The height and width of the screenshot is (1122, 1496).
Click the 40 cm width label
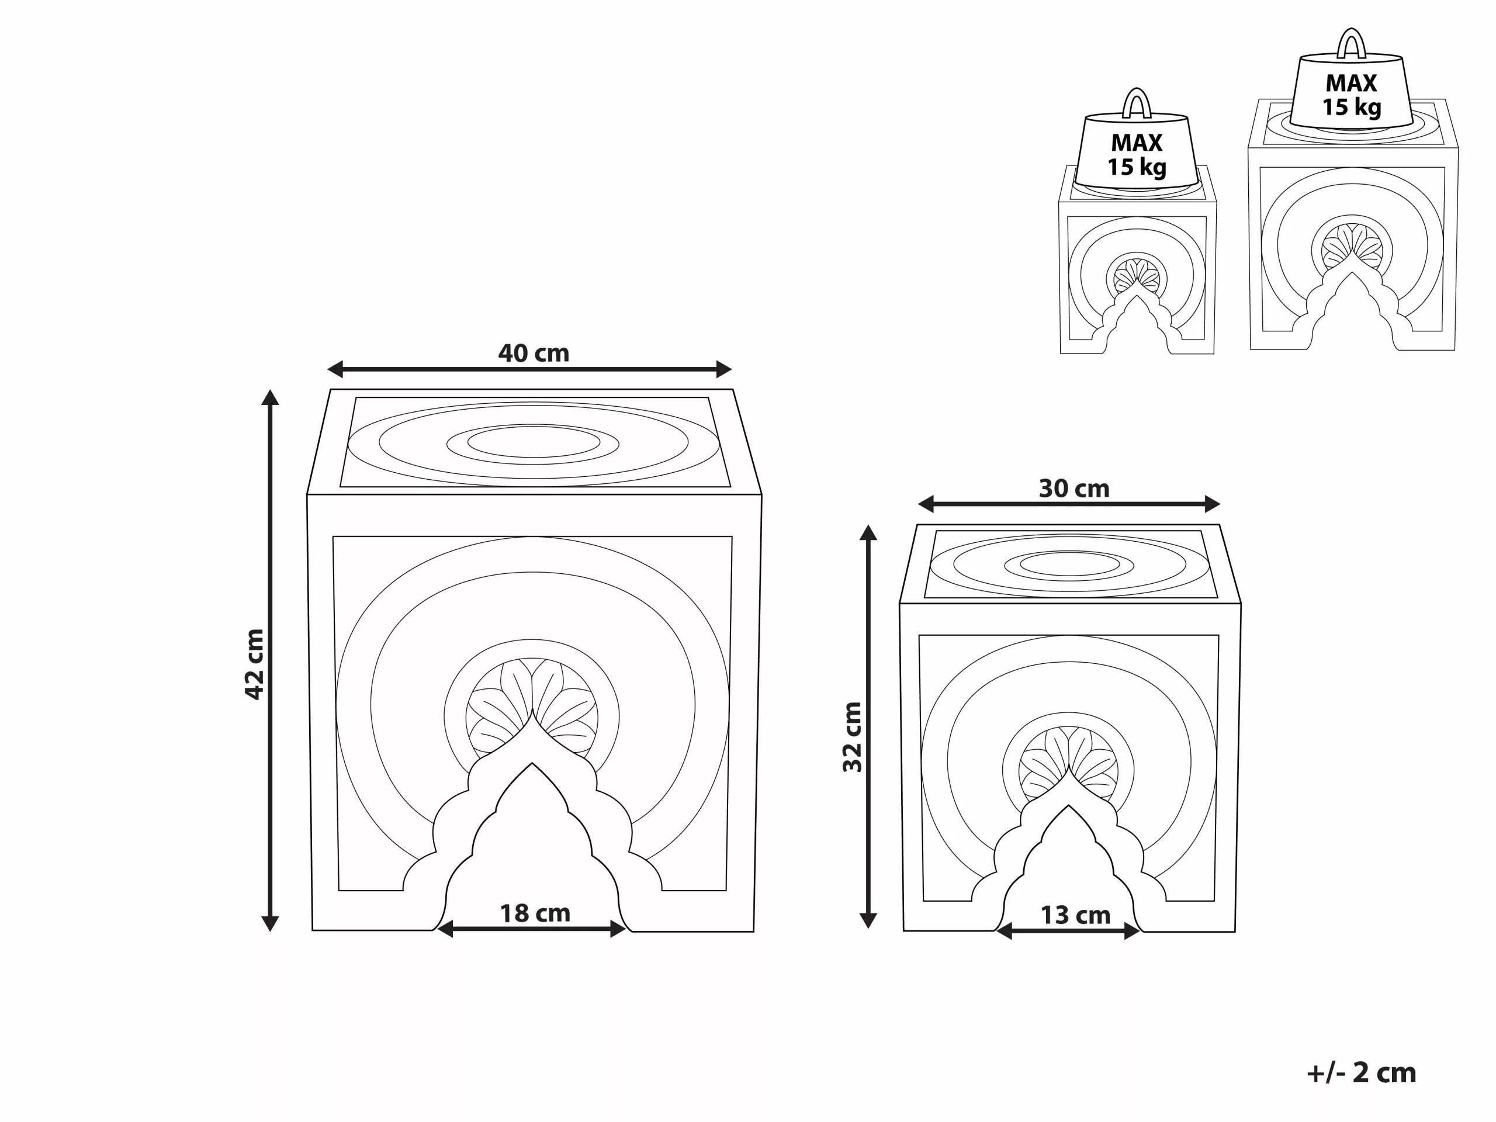click(x=534, y=353)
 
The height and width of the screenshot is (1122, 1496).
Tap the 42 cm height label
click(x=254, y=664)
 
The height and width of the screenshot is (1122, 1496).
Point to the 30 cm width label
click(x=1074, y=489)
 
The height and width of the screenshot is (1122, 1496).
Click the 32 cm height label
click(x=852, y=737)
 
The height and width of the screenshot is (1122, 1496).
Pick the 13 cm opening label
click(x=1075, y=916)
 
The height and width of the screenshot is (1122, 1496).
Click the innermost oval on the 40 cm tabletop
click(x=534, y=442)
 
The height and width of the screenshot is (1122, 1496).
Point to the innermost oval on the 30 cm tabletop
click(x=1069, y=564)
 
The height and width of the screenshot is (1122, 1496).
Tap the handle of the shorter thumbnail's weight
click(x=1136, y=103)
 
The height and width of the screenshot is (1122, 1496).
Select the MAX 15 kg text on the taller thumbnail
click(x=1351, y=95)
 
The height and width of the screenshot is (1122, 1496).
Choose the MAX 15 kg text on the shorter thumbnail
click(x=1136, y=154)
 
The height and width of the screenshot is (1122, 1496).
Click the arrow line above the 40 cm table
click(x=529, y=369)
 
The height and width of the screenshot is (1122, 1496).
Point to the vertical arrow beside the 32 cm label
click(x=868, y=726)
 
